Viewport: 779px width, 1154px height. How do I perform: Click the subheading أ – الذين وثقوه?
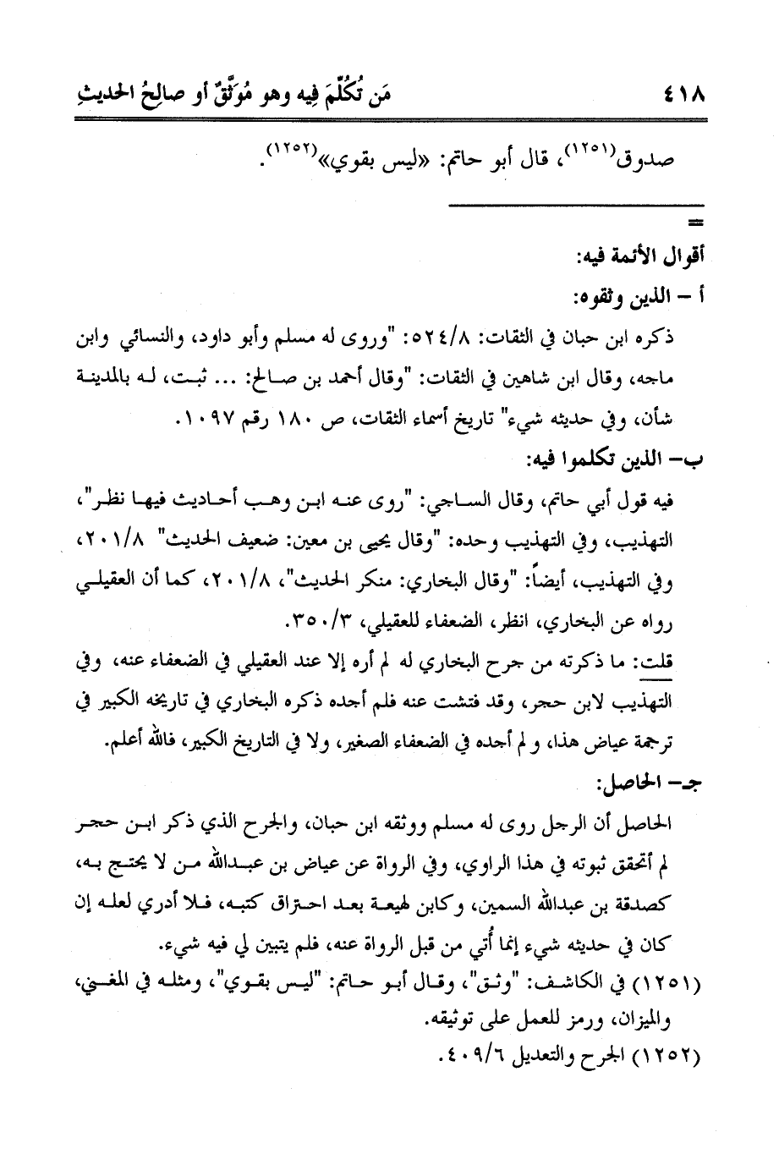point(646,297)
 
